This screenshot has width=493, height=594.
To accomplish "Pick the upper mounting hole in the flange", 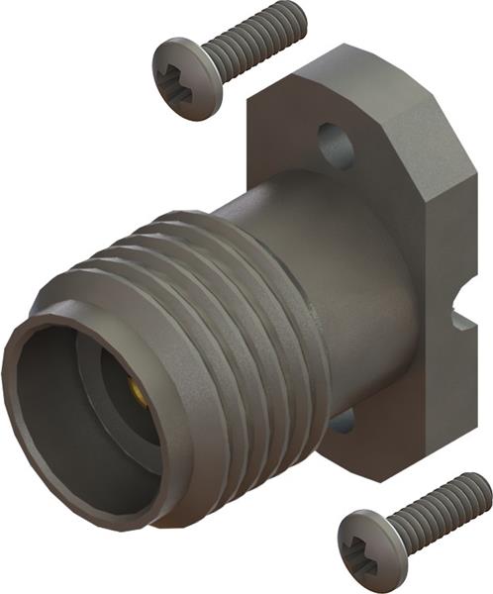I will pos(336,145).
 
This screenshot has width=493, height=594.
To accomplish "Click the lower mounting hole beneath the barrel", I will pos(342,423).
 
